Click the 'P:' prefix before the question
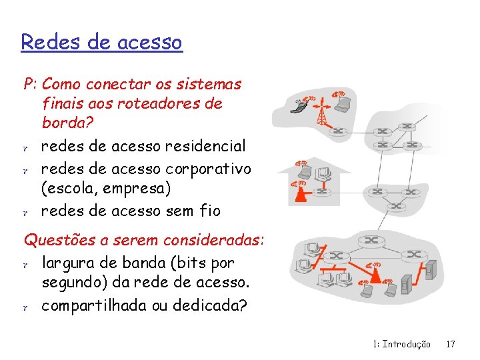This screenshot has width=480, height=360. click(x=30, y=85)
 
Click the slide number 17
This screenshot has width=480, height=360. click(x=451, y=345)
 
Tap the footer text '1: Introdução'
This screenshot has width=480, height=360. click(x=402, y=345)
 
